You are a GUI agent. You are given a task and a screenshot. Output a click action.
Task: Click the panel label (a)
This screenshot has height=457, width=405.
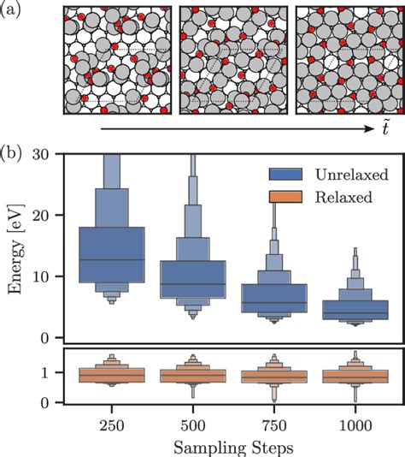point(15,11)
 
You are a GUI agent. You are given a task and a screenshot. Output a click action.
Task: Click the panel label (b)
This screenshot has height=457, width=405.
point(15,156)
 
